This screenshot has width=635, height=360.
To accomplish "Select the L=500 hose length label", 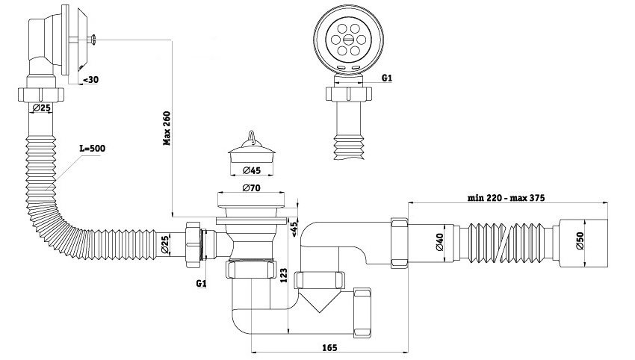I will coord(93,148).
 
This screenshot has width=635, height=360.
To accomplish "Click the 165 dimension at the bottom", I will coord(329,347).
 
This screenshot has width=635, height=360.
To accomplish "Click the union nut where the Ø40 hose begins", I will coord(397,240).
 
